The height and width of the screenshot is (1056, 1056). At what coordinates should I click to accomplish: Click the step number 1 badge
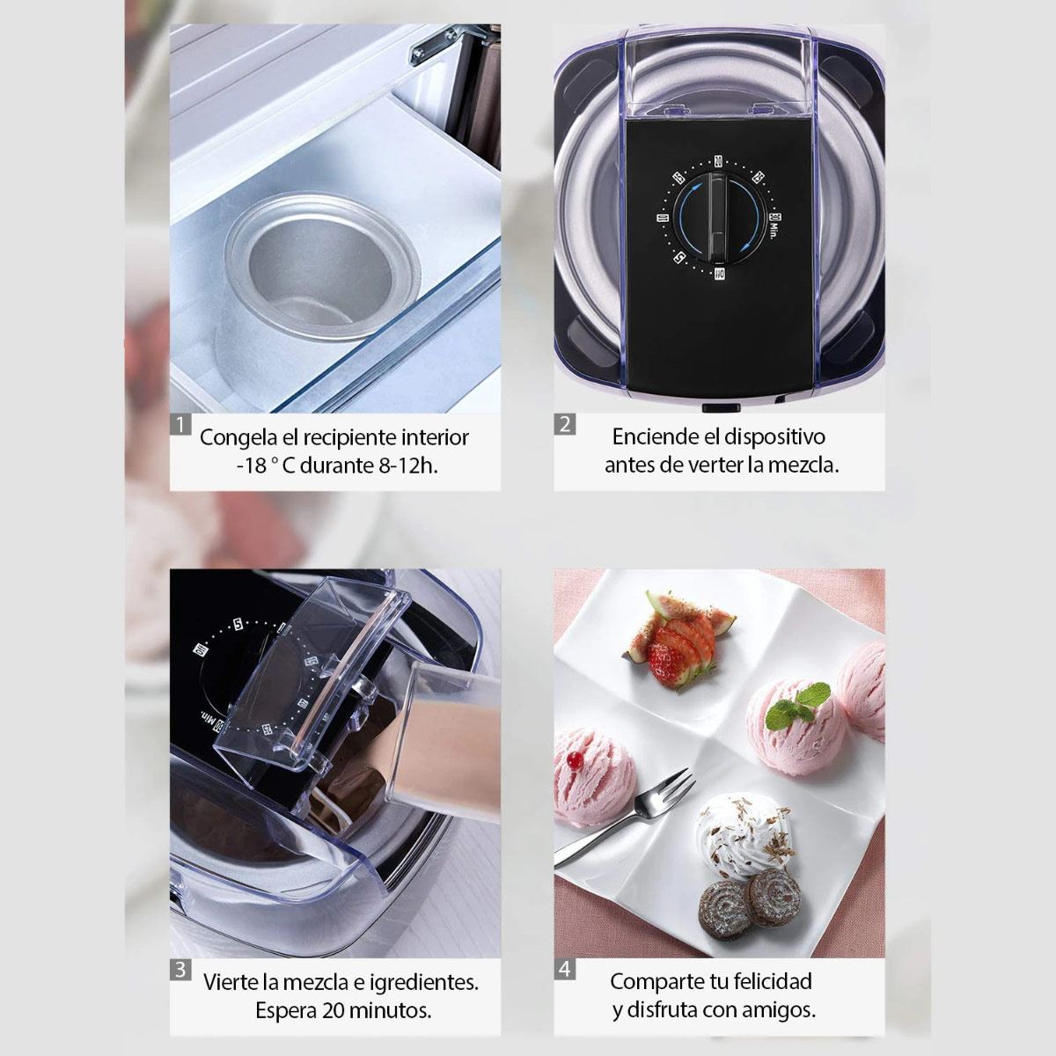pos(180,425)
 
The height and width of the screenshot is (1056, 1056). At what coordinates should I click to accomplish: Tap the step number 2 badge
pos(565,424)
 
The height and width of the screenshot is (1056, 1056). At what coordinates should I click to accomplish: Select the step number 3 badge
pos(180,970)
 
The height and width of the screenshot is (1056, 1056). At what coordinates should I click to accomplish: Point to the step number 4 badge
pos(565,970)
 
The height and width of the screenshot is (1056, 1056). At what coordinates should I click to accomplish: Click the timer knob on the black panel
pos(718,216)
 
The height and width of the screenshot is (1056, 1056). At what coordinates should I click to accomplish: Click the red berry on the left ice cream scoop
pos(576,759)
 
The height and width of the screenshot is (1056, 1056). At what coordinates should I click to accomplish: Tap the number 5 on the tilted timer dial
pos(238,625)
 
